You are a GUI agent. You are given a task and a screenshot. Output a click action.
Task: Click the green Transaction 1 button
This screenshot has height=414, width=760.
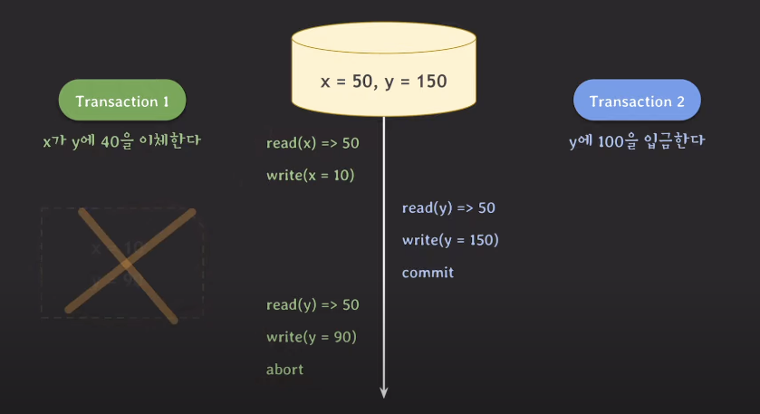pyautogui.click(x=122, y=101)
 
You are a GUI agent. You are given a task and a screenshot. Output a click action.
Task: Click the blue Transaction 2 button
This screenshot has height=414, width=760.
pyautogui.click(x=637, y=101)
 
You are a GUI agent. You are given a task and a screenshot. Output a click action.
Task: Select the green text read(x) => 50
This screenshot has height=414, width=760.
pyautogui.click(x=313, y=143)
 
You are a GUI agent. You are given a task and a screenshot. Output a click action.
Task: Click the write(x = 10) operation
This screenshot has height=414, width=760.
pyautogui.click(x=310, y=175)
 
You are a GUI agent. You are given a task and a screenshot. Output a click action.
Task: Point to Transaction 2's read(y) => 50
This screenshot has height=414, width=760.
pyautogui.click(x=448, y=208)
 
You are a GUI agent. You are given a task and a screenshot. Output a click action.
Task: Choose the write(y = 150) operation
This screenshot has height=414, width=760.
pyautogui.click(x=450, y=240)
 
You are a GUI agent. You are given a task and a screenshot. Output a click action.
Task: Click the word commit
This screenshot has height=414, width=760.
pyautogui.click(x=428, y=273)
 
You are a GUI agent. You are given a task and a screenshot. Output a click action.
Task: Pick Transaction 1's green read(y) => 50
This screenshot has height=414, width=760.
pyautogui.click(x=313, y=304)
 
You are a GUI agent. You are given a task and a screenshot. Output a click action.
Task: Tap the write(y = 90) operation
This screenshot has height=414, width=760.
pyautogui.click(x=311, y=337)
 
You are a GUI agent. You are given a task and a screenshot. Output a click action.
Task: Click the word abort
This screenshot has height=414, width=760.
pyautogui.click(x=284, y=370)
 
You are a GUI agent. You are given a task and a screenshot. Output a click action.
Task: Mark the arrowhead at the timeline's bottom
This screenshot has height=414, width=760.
pyautogui.click(x=384, y=391)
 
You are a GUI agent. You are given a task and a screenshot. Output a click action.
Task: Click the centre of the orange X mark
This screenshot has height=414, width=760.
pyautogui.click(x=127, y=264)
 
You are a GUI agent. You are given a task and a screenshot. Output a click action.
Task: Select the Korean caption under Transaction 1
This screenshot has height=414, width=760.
pyautogui.click(x=120, y=141)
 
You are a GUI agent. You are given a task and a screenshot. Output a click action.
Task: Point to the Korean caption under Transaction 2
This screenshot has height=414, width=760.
pyautogui.click(x=637, y=141)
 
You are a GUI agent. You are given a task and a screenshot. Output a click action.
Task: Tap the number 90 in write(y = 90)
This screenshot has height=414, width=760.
pyautogui.click(x=340, y=337)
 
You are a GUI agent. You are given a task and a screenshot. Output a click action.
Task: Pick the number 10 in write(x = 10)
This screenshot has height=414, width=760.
pyautogui.click(x=340, y=175)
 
